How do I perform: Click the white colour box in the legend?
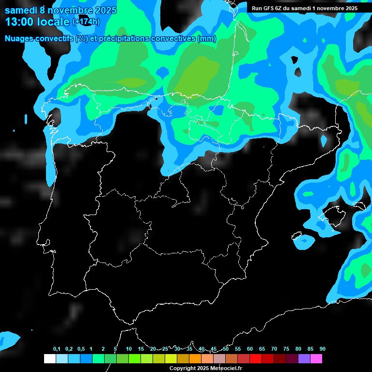pos(49,358)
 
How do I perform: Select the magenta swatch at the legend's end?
pos(316,358)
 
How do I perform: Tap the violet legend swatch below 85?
pos(304,358)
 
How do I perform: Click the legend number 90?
pos(322,349)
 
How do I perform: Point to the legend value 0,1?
pos(57,349)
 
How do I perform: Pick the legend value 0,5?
pos(80,349)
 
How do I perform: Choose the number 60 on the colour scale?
pos(250,349)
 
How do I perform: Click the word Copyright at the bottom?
pos(182,368)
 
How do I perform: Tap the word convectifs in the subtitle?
pos(54,39)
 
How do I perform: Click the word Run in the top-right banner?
pos(257,8)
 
